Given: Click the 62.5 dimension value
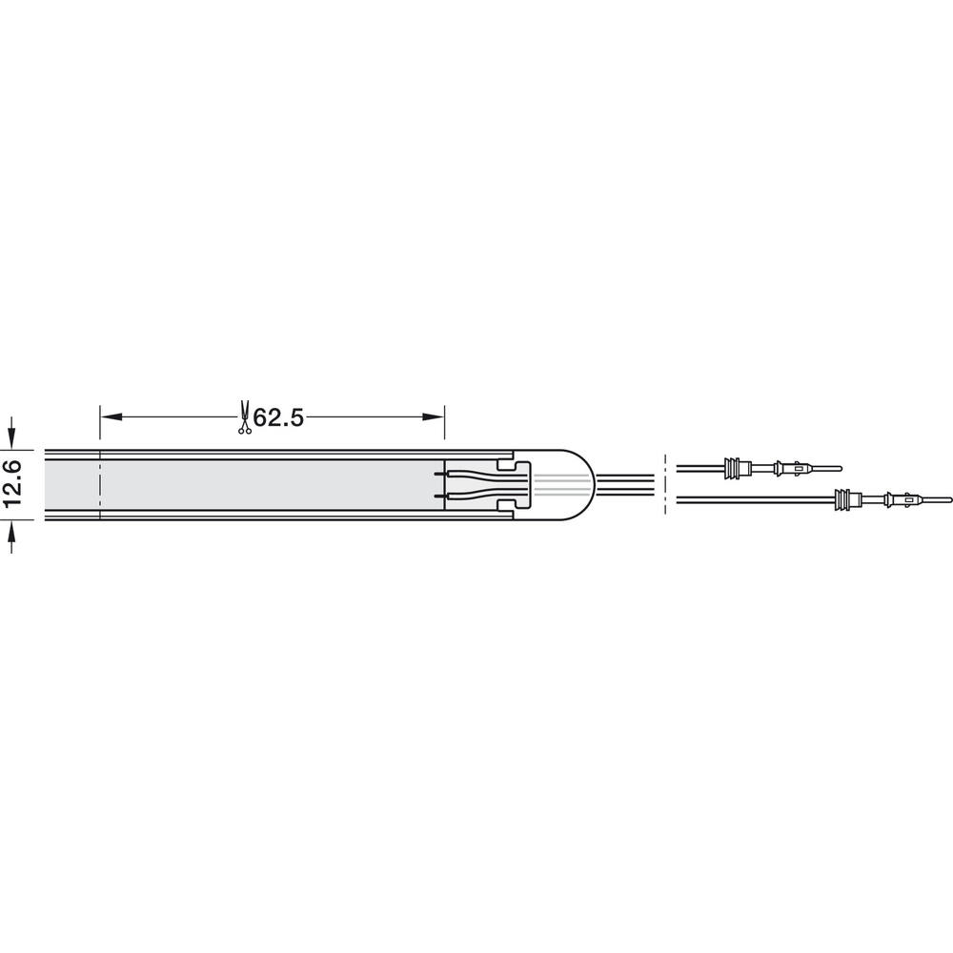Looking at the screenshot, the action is [x=277, y=417].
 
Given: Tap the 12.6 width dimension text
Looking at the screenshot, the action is [x=12, y=484].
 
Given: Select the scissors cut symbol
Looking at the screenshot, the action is [x=244, y=417].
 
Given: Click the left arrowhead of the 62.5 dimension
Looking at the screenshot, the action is [x=112, y=417].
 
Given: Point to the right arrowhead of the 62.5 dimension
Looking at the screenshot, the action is [x=434, y=417].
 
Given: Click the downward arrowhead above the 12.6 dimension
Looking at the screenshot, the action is [x=11, y=438].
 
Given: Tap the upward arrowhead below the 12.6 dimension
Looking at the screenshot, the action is [x=11, y=531].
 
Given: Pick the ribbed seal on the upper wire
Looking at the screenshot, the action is [x=738, y=468].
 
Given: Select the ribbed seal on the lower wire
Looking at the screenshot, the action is [x=849, y=499].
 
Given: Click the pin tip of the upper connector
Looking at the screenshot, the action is [x=841, y=468].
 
